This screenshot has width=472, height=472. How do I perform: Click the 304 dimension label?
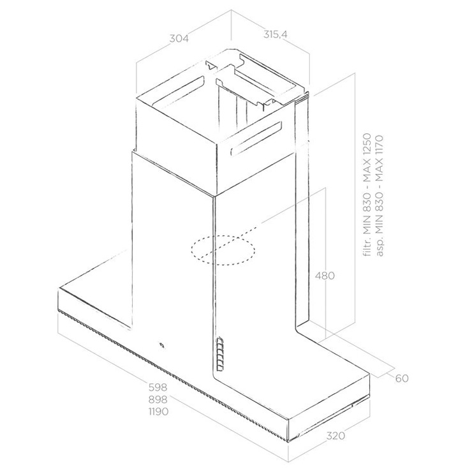click(179, 38)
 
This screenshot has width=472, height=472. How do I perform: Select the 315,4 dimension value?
click(276, 34)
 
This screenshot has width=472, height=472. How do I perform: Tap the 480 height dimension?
click(325, 276)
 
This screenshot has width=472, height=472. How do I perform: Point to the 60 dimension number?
click(402, 378)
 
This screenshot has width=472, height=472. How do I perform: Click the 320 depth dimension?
click(336, 436)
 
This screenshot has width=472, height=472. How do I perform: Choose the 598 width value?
click(158, 387)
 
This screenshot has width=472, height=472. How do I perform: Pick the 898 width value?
click(158, 399)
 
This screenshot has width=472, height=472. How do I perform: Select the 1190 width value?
click(158, 411)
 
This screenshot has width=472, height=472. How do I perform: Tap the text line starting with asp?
click(380, 196)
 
